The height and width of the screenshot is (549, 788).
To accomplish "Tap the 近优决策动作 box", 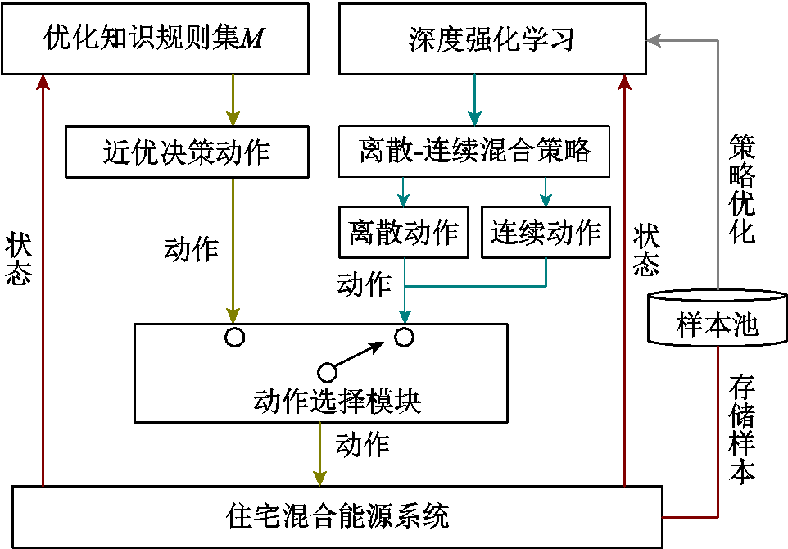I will (x=187, y=152).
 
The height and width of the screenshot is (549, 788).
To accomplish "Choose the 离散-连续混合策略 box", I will (x=474, y=152).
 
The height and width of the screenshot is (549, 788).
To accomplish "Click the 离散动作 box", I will (x=403, y=233).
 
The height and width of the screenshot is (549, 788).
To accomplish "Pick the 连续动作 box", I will (x=546, y=233).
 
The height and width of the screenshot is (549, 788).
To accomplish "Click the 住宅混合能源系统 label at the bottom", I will (x=337, y=517).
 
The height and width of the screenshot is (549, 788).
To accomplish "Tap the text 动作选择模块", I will (x=337, y=402).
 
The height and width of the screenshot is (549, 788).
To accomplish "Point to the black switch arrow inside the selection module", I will (x=357, y=356).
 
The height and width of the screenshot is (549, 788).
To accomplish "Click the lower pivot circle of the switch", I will (x=327, y=372).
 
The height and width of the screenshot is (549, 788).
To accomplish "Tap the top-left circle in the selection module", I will (x=235, y=337).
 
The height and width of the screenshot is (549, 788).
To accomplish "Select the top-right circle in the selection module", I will (x=404, y=337).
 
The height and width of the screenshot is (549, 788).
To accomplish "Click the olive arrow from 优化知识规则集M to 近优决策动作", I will (x=233, y=99).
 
